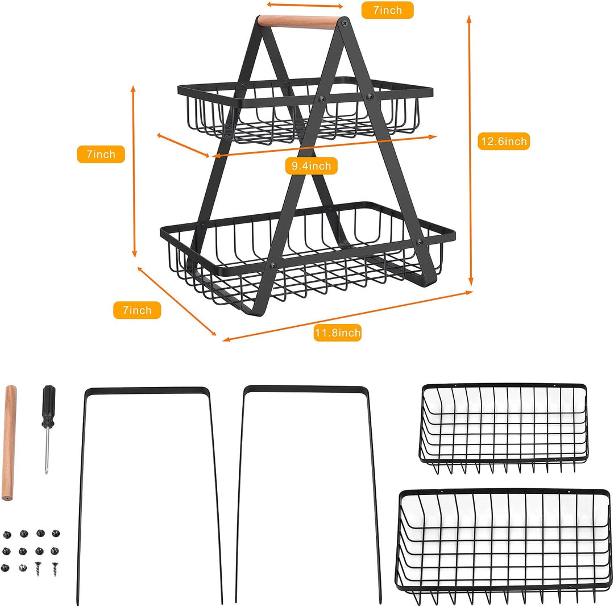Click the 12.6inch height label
(503, 141)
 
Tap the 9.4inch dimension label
(311, 166)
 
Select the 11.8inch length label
(338, 332)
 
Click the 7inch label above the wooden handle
(387, 10)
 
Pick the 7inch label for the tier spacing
(101, 154)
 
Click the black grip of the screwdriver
(49, 404)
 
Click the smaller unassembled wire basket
(504, 426)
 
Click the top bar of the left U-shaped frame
(147, 391)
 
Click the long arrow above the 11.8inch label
(347, 316)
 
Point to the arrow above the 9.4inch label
(324, 146)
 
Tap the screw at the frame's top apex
(343, 23)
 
